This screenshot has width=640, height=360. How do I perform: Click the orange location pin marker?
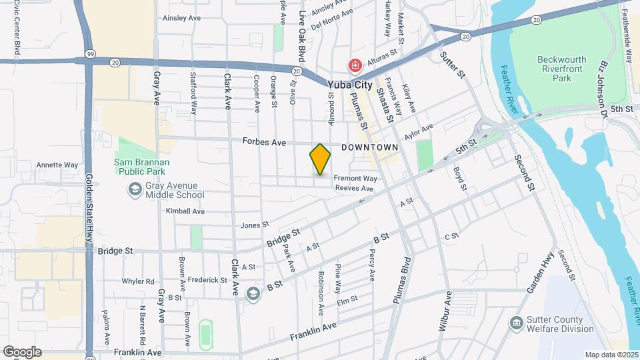tap(321, 159)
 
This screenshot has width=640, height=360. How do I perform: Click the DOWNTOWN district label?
tap(369, 147)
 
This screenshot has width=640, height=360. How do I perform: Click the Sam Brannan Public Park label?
tap(141, 166)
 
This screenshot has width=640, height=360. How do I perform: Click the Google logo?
tap(22, 352)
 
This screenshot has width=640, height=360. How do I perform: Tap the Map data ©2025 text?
tap(611, 355)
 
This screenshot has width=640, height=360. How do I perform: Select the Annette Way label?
tap(57, 165)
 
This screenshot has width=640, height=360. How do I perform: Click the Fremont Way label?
tap(355, 179)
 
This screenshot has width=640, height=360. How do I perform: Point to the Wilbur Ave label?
tap(448, 311)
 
